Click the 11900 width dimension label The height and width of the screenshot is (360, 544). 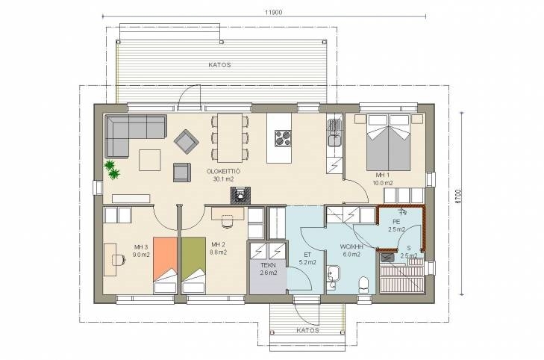point(273,12)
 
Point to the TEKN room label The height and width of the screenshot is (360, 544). point(268,266)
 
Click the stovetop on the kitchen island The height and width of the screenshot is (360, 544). point(284,138)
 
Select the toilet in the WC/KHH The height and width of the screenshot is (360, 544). point(363,285)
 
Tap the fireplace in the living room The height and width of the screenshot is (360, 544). point(240,195)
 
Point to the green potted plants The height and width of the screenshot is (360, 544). point(112,169)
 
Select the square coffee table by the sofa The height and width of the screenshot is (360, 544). point(150,160)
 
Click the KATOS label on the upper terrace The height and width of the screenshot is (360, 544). point(219,64)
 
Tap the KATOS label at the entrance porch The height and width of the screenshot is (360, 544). point(307,330)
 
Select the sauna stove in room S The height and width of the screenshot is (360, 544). point(387,257)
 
